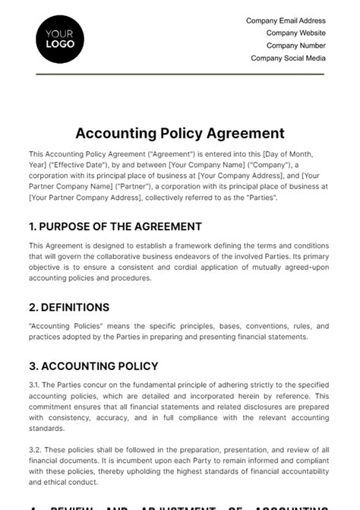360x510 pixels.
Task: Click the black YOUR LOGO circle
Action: [x=60, y=39]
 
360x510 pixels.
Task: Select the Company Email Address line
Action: [x=286, y=21]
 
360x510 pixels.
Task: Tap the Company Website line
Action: [x=295, y=33]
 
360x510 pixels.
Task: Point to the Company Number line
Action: [x=295, y=46]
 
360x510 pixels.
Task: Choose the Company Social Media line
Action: [x=288, y=58]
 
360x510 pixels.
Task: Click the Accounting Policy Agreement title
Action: [x=180, y=133]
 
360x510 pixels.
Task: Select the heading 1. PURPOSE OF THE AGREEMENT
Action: [x=115, y=226]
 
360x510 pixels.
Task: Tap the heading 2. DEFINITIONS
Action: [x=69, y=307]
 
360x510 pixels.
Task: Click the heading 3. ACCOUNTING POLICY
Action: [x=93, y=366]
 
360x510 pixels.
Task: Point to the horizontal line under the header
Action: [x=180, y=74]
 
